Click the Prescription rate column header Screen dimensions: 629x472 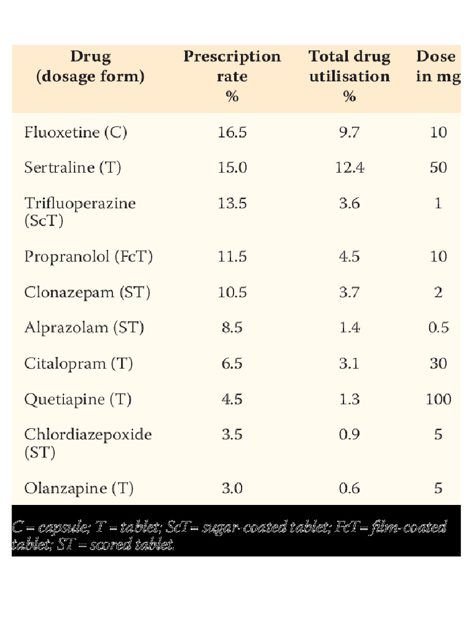(x=232, y=76)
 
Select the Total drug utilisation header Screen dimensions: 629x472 (x=349, y=76)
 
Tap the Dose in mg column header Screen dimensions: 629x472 (x=438, y=66)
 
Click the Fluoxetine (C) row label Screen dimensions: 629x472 (x=76, y=132)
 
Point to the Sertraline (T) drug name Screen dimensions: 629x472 (x=73, y=168)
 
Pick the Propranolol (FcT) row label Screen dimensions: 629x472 (x=88, y=256)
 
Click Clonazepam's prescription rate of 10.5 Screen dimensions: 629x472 (x=232, y=292)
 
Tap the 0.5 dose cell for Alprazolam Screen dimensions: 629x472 (x=438, y=328)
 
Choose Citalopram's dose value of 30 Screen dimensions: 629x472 (x=438, y=364)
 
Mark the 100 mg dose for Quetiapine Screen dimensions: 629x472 (x=438, y=399)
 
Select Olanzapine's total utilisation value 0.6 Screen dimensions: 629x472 (x=349, y=489)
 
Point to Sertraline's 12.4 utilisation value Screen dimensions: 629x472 (x=349, y=168)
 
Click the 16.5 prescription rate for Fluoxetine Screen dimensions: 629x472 (x=232, y=132)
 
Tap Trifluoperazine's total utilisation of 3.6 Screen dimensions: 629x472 (x=349, y=203)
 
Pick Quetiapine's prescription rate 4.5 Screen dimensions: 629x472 (x=232, y=399)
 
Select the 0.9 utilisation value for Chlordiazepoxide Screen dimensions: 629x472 (x=349, y=435)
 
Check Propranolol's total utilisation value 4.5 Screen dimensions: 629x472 (x=349, y=256)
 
